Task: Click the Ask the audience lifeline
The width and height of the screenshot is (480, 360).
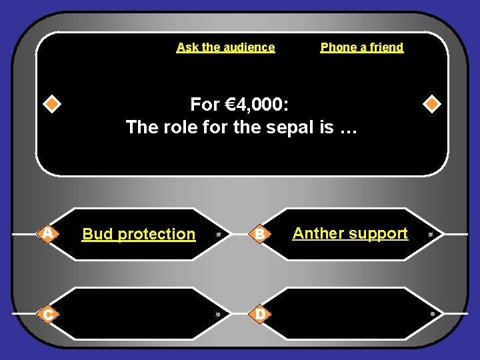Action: [225, 47]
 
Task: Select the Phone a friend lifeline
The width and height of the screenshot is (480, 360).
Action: [362, 47]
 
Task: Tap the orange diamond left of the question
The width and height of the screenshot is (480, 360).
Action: [51, 105]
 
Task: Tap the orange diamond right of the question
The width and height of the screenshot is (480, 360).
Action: [432, 105]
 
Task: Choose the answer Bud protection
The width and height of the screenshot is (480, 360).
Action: [139, 234]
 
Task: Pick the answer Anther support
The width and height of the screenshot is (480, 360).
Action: [350, 233]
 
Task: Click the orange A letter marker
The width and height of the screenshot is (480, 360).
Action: [47, 233]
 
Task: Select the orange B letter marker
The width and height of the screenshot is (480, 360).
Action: [261, 234]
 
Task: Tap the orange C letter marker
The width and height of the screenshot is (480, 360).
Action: [47, 313]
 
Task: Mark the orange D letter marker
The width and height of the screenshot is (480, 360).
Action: [261, 313]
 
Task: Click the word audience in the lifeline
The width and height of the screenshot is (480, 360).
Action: [249, 47]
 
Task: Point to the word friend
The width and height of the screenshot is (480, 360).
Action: [388, 47]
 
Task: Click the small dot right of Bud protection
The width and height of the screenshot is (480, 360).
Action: [218, 235]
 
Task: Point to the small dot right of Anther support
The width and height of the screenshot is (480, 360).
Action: [431, 235]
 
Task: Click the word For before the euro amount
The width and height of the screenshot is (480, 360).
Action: [205, 105]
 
